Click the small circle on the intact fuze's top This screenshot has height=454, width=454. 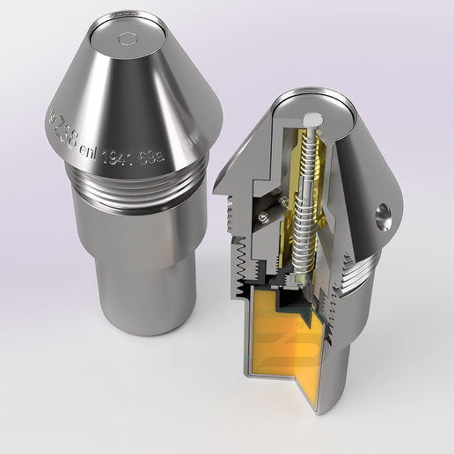[128, 39]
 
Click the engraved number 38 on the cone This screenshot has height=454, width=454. [67, 136]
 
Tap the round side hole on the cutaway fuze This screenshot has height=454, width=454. [383, 216]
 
